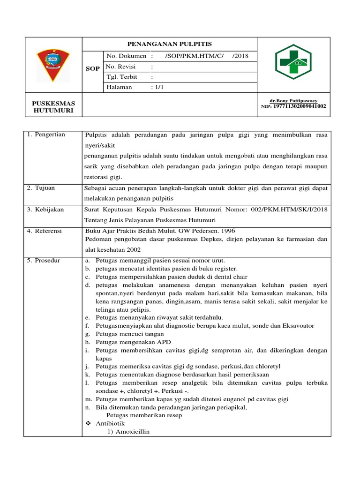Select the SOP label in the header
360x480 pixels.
click(x=93, y=68)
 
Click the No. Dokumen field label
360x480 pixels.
click(x=127, y=56)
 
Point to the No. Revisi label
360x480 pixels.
click(x=123, y=67)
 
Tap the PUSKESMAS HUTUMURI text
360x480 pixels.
click(x=53, y=106)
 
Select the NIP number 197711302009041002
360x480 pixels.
click(x=299, y=106)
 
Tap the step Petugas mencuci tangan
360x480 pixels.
click(x=129, y=334)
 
